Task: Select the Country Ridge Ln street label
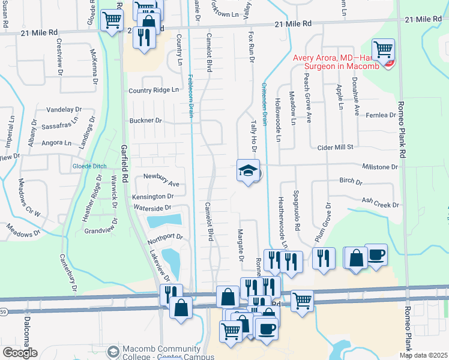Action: (x=154, y=90)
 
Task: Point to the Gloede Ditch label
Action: (x=89, y=166)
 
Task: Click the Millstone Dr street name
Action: (x=380, y=166)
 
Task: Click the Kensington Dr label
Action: (x=154, y=196)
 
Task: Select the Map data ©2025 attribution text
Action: (x=423, y=355)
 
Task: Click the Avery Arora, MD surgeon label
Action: (x=336, y=62)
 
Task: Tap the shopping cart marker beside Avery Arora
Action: (x=382, y=48)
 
